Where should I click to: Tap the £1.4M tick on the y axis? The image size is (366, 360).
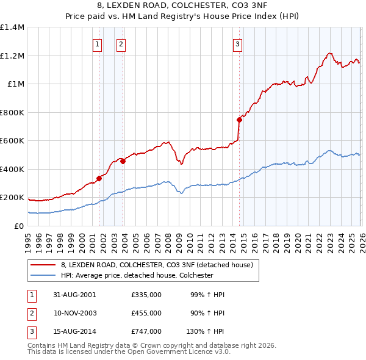point(12,27)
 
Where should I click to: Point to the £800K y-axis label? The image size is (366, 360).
point(12,112)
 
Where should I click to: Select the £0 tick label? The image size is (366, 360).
point(18,226)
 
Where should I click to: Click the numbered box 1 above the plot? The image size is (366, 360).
point(98,43)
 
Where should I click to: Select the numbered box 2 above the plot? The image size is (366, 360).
point(121,43)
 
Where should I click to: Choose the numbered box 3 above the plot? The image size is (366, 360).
point(237,43)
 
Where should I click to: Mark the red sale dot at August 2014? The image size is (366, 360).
point(239,120)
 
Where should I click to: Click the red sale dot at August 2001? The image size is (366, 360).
point(99,179)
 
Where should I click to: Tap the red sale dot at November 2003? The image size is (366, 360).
point(123,162)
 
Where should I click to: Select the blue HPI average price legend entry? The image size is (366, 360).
point(137,275)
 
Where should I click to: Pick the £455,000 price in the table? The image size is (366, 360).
point(146,313)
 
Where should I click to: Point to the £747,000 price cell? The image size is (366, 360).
point(146,331)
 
